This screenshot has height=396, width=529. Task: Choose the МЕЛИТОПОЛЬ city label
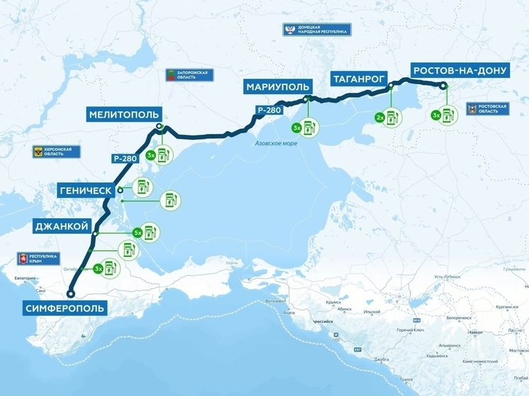pos(124,114)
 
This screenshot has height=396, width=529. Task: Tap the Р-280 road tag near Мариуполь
pos(269,111)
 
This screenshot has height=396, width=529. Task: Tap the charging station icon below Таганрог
pos(391,117)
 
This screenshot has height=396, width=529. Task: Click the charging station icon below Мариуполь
pos(308,128)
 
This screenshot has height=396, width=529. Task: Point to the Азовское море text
pos(276,144)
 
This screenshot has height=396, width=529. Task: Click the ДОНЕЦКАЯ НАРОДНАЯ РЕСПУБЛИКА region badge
pos(317,30)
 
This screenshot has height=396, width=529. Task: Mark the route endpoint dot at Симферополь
pos(70,293)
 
